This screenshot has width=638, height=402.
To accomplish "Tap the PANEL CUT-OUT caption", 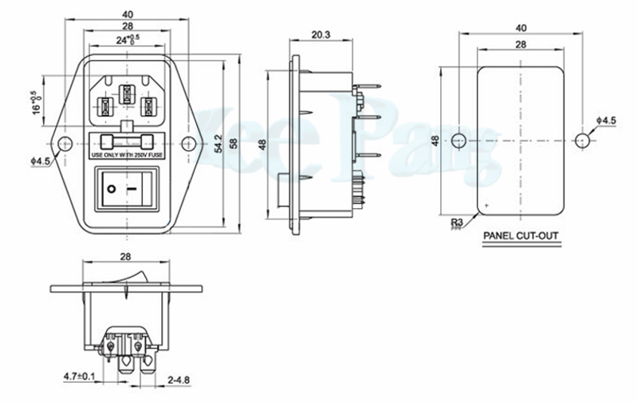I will coord(520,236).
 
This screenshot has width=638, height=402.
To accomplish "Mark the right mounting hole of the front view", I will coord(188,144).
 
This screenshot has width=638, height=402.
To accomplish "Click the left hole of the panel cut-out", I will coord(458,140).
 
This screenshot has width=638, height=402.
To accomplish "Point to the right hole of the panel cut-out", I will coord(581,140).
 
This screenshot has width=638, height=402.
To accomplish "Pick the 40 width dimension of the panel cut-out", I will coord(520,26).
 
